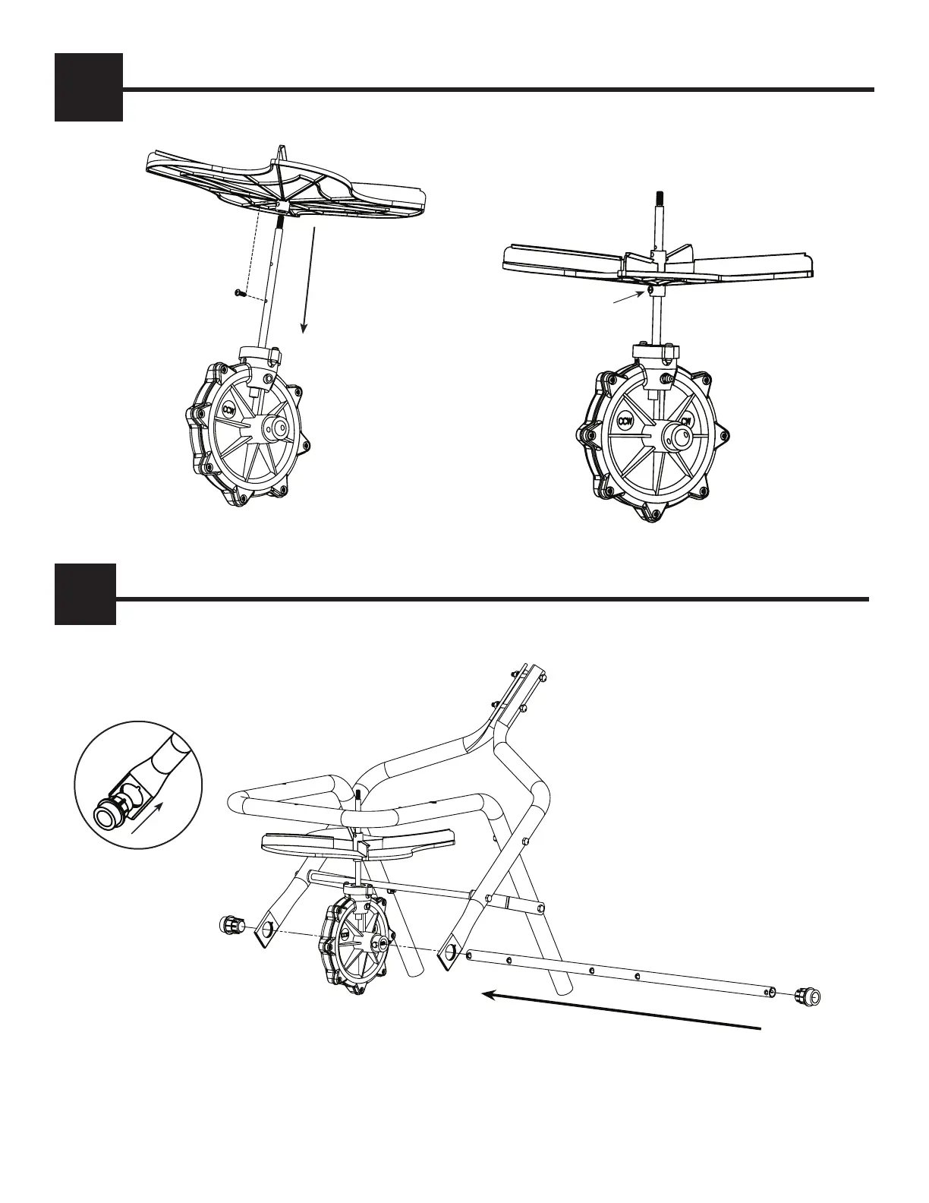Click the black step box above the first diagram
pos(88,87)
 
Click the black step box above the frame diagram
pos(85,594)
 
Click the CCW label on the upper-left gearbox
pos(229,410)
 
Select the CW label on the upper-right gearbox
pos(685,422)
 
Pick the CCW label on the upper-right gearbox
pos(626,421)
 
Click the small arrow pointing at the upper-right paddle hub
pos(630,298)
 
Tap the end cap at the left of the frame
pos(231,925)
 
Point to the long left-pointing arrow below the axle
pos(622,1011)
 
